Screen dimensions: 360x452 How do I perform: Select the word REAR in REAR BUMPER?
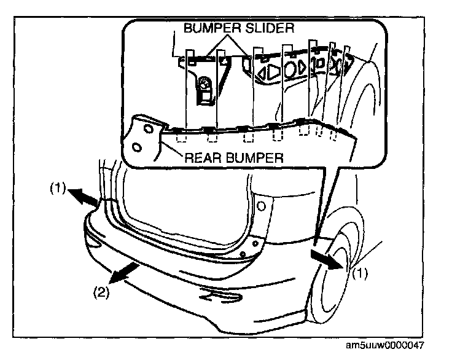pos(203,157)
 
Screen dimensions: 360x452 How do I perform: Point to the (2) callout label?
pos(103,293)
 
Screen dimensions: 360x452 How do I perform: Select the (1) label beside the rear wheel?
pos(360,274)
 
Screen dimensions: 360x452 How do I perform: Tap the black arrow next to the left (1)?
pos(81,197)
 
